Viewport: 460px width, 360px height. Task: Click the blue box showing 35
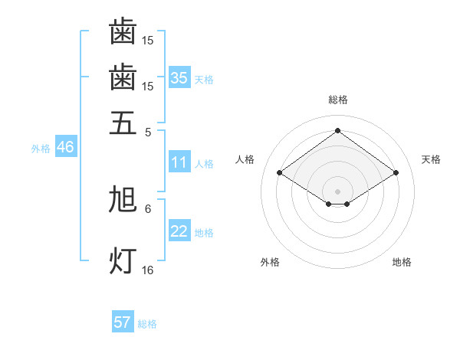coord(179,77)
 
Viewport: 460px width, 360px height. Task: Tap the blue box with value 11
coord(179,162)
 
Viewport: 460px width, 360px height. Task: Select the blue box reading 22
coord(179,231)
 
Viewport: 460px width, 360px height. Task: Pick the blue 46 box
coord(65,147)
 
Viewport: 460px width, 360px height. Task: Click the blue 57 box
coord(123,322)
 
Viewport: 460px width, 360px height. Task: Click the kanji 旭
coord(123,200)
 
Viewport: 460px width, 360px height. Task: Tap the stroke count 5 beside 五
coord(148,131)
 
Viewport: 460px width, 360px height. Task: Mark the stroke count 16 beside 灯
coord(148,270)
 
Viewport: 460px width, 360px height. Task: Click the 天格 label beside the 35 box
coord(204,79)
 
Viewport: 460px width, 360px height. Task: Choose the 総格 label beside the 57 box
coord(147,324)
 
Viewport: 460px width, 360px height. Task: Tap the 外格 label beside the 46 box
coord(41,149)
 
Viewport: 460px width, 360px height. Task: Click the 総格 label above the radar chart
coord(338,99)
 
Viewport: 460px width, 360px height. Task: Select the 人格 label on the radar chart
coord(245,159)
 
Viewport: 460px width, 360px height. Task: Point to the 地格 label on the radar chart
coord(402,262)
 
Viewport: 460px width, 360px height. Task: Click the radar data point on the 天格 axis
coord(396,173)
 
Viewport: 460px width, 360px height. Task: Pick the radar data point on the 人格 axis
coord(279,173)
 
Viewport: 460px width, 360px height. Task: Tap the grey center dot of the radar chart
coord(338,190)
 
